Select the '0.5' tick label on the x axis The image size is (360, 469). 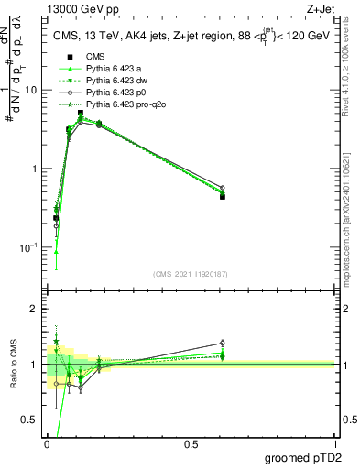191,444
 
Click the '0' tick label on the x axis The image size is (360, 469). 46,444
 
